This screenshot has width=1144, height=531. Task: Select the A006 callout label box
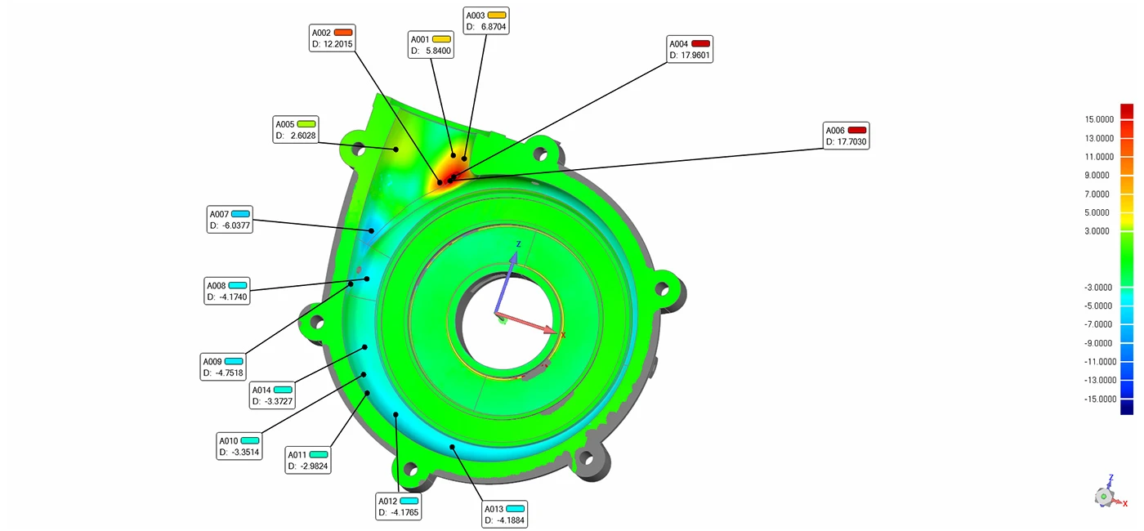[x=846, y=136]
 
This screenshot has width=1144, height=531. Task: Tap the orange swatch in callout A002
[x=342, y=32]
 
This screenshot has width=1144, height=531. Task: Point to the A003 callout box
[x=485, y=20]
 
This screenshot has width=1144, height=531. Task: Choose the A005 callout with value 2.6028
[x=295, y=130]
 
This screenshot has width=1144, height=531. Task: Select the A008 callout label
[x=217, y=286]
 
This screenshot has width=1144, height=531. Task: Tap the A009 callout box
[x=223, y=367]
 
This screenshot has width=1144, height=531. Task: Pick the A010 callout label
[x=228, y=441]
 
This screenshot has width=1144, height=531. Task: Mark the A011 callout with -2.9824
[x=307, y=460]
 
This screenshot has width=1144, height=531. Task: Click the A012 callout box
[x=398, y=506]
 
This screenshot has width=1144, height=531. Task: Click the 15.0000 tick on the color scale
[x=1100, y=119]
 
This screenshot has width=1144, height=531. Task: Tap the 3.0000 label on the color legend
[x=1100, y=231]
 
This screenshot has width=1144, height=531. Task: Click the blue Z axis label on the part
[x=517, y=244]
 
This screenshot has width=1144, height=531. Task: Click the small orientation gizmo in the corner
[x=1105, y=493]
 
